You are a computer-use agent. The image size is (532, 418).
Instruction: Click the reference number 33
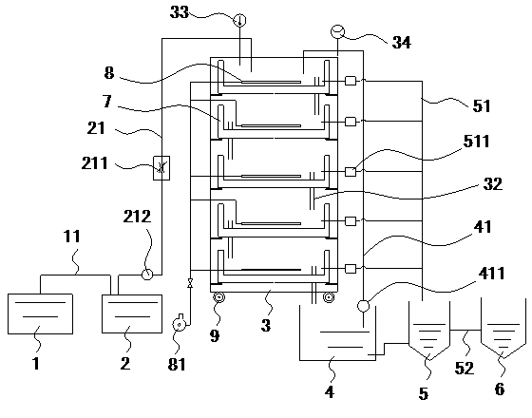point(180,12)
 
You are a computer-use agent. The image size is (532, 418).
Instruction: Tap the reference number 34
point(401,43)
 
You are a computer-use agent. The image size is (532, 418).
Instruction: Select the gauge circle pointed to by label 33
point(239,20)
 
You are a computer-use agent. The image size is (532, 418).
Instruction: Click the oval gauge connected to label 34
point(337,31)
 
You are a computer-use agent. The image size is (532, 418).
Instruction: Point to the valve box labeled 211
point(161,167)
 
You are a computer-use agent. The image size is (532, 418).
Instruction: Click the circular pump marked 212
point(147,274)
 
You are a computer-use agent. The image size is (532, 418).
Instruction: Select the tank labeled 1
point(40,313)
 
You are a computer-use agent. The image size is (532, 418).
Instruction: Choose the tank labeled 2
point(132,313)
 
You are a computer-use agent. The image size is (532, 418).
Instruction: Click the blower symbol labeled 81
point(179,324)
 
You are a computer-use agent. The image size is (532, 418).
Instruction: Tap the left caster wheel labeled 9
point(219,298)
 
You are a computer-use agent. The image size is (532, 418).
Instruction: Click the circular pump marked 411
point(363,306)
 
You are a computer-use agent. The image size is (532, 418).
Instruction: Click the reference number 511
point(476,142)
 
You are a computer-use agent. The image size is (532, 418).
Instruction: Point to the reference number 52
point(464,368)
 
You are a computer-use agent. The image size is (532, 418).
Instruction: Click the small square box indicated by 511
point(351,172)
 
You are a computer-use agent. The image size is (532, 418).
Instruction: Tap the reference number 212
point(137,217)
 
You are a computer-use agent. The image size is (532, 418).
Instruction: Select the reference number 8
point(109,73)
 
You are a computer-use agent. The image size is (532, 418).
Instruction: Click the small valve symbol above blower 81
point(190,283)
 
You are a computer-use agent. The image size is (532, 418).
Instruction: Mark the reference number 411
point(491,274)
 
